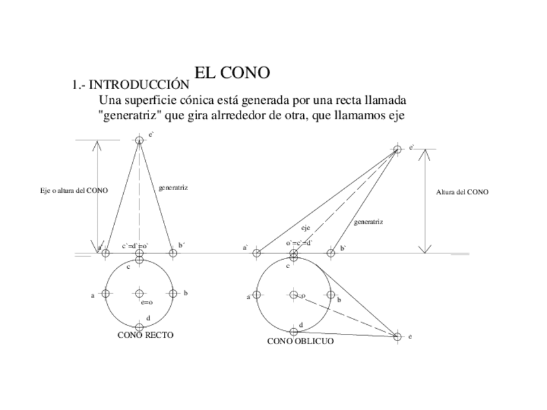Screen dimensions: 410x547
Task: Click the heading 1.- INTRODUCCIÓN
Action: coord(131,85)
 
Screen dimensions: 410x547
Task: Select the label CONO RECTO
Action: coord(145,335)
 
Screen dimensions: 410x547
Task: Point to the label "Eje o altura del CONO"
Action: coord(74,191)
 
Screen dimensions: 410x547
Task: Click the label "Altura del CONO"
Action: coord(462,192)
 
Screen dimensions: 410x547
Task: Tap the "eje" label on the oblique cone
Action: coord(306,228)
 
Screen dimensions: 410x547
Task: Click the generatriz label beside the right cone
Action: coord(173,188)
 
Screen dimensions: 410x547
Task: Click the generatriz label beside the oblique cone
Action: coord(368,222)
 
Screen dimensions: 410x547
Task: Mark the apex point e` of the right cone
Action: coord(139,140)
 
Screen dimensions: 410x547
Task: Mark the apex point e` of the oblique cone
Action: coord(397,149)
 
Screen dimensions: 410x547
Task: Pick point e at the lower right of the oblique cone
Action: coord(397,337)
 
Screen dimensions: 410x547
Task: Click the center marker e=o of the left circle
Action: coord(139,293)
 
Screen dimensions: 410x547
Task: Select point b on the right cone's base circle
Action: coord(173,293)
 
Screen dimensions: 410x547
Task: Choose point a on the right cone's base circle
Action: coord(106,293)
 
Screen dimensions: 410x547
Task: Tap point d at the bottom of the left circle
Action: coord(139,327)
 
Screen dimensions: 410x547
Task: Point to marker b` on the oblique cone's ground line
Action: coord(331,253)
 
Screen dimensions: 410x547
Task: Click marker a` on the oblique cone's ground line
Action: coord(256,253)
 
